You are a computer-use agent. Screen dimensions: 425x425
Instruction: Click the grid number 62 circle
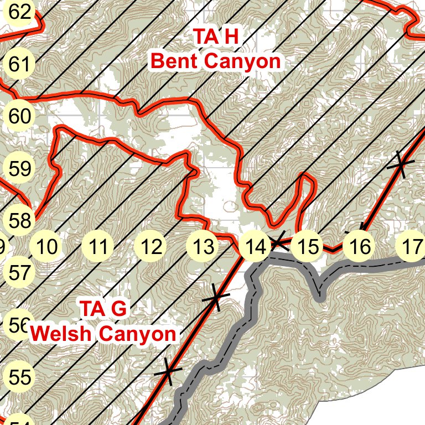[x=20, y=13]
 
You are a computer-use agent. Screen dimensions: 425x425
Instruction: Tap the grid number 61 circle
[x=20, y=65]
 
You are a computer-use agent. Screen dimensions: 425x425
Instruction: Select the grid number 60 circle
[x=20, y=117]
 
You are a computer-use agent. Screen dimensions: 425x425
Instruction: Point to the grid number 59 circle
[x=20, y=169]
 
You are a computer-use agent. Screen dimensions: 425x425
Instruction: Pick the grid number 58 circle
[x=20, y=221]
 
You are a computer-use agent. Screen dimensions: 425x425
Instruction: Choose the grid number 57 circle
[x=20, y=273]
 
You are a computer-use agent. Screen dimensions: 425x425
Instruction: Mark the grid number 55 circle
[x=20, y=377]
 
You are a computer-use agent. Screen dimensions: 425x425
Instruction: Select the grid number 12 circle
[x=151, y=247]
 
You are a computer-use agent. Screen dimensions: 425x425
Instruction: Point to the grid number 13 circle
[x=203, y=247]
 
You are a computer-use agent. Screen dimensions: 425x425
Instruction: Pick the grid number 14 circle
[x=255, y=247]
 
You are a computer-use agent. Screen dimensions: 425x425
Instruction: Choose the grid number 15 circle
[x=308, y=247]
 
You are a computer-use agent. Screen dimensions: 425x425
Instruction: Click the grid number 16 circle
[x=360, y=247]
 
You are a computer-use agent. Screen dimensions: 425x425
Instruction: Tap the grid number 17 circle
[x=411, y=247]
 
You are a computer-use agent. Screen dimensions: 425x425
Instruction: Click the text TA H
[x=215, y=37]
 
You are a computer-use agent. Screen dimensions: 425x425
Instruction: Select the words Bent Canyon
[x=215, y=61]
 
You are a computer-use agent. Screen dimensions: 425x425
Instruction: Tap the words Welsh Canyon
[x=103, y=334]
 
